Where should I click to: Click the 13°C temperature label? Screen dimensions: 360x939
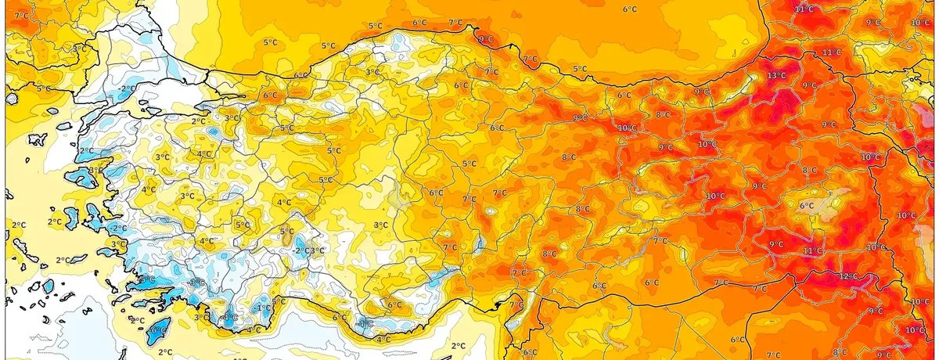tap(776, 76)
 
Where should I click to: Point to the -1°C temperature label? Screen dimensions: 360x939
tap(264, 308)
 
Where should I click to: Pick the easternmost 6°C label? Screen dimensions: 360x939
tap(807, 206)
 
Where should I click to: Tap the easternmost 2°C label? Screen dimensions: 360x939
tap(458, 345)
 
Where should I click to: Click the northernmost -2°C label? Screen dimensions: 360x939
tap(119, 228)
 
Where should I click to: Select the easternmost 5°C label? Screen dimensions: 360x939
tap(580, 69)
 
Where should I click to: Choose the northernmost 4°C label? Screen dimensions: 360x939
tap(204, 153)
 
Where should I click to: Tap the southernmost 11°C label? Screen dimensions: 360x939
tap(811, 250)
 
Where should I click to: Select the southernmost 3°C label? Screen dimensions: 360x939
tap(202, 317)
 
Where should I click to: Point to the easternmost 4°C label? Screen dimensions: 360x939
tap(383, 339)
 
